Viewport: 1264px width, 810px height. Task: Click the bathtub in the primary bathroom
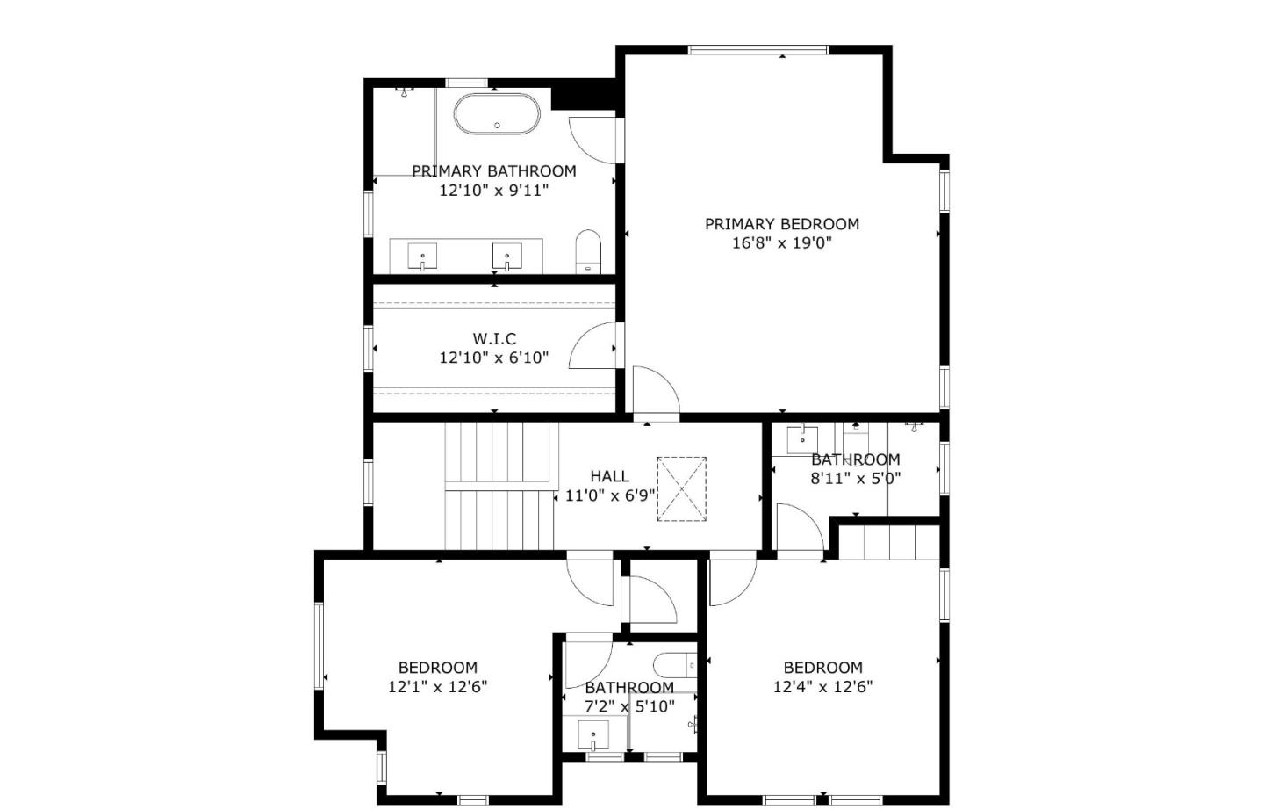[497, 114]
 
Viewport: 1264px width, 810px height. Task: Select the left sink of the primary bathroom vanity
[423, 257]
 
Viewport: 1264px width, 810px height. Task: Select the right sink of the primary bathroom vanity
[507, 257]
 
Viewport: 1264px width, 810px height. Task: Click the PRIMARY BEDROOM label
[781, 224]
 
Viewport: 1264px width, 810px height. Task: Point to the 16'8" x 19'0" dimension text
[781, 243]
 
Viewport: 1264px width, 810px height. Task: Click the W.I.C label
[494, 338]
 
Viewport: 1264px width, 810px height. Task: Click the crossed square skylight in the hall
[682, 488]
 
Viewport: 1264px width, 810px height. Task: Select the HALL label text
[609, 476]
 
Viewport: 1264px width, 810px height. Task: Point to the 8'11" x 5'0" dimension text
[855, 479]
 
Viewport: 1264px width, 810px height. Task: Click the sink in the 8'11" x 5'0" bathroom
[802, 437]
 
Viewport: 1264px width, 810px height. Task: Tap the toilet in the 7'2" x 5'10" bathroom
[673, 665]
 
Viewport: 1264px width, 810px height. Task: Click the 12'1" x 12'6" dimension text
[437, 687]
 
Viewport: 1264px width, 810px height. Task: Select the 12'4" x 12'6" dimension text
[822, 687]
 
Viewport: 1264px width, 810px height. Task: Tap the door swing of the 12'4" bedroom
[730, 580]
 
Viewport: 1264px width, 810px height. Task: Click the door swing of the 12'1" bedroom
[590, 580]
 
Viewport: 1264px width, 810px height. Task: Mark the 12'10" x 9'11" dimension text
[493, 191]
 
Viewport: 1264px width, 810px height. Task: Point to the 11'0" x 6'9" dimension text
[609, 495]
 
